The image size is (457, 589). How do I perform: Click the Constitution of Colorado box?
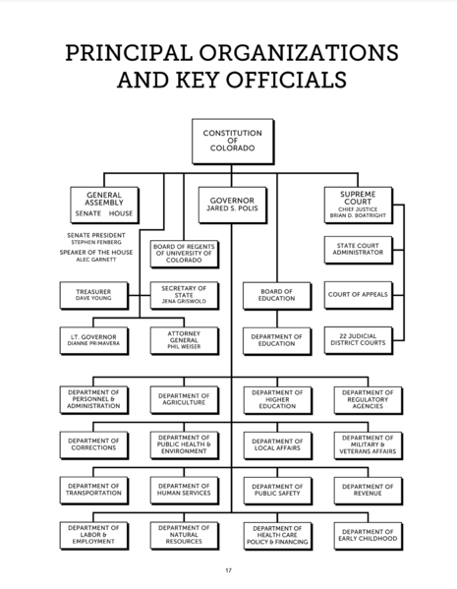(233, 142)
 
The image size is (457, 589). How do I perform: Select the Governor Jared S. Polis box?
(233, 206)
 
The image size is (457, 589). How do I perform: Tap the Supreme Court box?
(359, 206)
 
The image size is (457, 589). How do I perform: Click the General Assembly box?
(104, 206)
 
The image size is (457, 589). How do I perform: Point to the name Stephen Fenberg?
(96, 242)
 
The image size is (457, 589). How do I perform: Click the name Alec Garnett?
(96, 260)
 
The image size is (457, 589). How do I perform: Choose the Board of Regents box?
(185, 254)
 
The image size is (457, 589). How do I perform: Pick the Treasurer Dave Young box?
(94, 296)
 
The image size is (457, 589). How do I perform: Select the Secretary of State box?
(185, 296)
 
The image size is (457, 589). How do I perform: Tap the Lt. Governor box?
(94, 340)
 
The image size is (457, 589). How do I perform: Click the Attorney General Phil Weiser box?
(185, 340)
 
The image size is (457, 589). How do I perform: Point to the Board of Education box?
(277, 296)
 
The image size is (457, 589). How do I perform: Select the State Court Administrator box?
(359, 250)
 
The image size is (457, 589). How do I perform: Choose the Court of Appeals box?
(359, 295)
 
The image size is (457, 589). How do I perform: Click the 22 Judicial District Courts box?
(359, 340)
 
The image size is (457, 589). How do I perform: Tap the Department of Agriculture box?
(185, 400)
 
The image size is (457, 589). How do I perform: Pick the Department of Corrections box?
(94, 445)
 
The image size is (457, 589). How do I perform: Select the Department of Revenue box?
(369, 491)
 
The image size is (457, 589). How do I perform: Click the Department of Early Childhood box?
(369, 536)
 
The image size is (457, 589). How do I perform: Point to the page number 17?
(229, 570)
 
